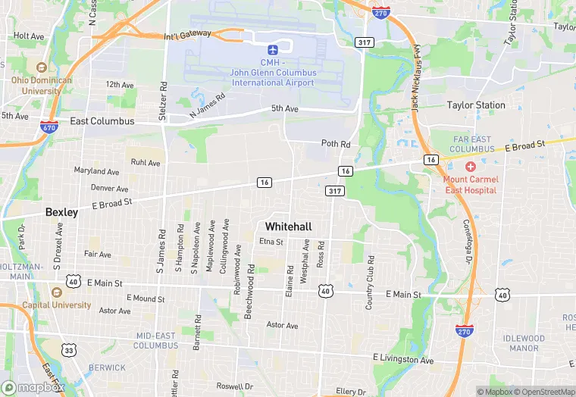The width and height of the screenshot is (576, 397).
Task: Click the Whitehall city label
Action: [289, 227]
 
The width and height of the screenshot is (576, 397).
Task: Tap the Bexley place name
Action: [61, 212]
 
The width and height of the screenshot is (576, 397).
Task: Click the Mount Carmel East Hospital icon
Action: [470, 166]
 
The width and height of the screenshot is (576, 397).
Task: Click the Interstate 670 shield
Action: [49, 128]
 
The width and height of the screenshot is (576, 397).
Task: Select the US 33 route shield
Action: [69, 350]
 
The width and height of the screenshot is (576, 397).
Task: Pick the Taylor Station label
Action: [475, 105]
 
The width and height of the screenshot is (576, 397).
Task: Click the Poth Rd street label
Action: [336, 144]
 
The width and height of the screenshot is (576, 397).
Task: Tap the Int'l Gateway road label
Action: [186, 36]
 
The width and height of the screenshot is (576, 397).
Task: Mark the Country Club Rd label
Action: [370, 282]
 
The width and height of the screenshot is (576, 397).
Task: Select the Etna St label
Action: [271, 242]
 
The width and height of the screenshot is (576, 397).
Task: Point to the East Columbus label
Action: [102, 121]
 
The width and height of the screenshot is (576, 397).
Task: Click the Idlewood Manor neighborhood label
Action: [523, 343]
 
